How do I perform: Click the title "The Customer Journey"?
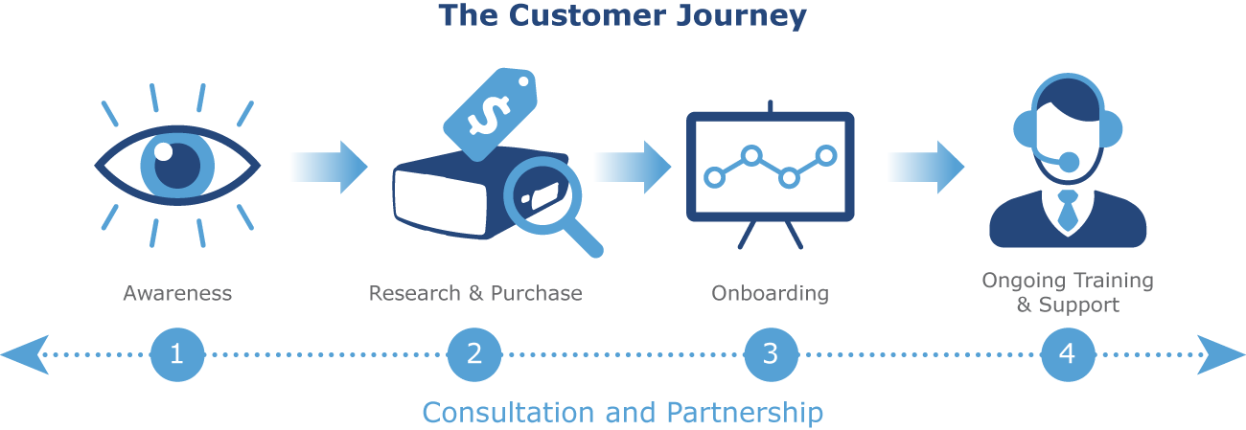(x=622, y=16)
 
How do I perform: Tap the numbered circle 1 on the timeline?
(x=177, y=354)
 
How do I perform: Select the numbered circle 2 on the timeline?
(x=474, y=354)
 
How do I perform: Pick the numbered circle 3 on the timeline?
(x=771, y=354)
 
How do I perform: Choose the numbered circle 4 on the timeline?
(x=1068, y=354)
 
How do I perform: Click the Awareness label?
(x=177, y=293)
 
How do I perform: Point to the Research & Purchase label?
(x=475, y=293)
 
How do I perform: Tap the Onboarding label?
(x=770, y=293)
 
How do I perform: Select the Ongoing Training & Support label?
(x=1068, y=293)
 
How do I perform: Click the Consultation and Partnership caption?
(x=622, y=413)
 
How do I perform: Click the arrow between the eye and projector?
(x=332, y=167)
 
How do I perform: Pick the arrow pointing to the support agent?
(x=927, y=167)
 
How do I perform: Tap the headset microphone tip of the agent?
(x=1068, y=162)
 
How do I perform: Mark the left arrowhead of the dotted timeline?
(x=23, y=354)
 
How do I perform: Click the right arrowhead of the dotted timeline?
(x=1222, y=354)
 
